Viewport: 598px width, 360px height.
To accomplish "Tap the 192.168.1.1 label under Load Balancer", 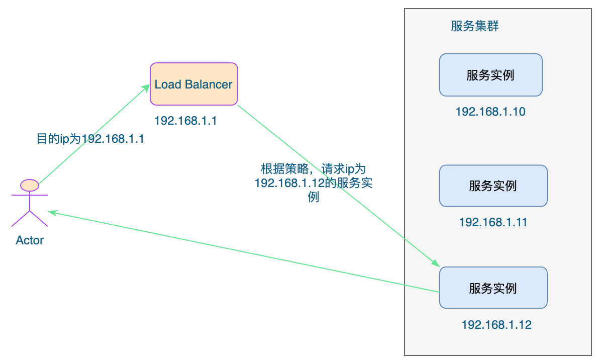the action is point(185,121).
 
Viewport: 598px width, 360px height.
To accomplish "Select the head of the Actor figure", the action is point(30,185).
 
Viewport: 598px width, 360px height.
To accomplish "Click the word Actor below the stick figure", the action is point(30,240).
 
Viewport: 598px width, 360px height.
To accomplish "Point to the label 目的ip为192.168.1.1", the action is point(90,139).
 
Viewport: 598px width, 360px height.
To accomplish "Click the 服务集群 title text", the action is point(475,27).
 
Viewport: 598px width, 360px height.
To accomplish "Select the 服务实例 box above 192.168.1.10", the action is point(490,75).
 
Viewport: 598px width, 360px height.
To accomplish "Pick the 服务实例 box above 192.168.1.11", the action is point(493,186).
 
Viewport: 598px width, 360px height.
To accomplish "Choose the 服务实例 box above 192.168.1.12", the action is point(493,288).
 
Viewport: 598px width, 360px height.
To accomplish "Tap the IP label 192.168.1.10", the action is point(490,112).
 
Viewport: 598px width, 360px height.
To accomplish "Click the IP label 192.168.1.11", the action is point(493,222).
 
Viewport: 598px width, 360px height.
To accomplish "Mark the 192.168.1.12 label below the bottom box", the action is point(496,325).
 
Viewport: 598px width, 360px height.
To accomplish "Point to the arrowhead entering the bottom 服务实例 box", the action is point(435,264).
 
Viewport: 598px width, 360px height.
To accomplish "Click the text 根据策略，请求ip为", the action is point(313,169).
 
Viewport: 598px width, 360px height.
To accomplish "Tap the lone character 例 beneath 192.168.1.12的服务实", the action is point(313,197).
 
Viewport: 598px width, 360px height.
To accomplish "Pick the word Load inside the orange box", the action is point(167,84).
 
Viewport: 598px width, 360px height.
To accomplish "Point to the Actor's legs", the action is point(30,219).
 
